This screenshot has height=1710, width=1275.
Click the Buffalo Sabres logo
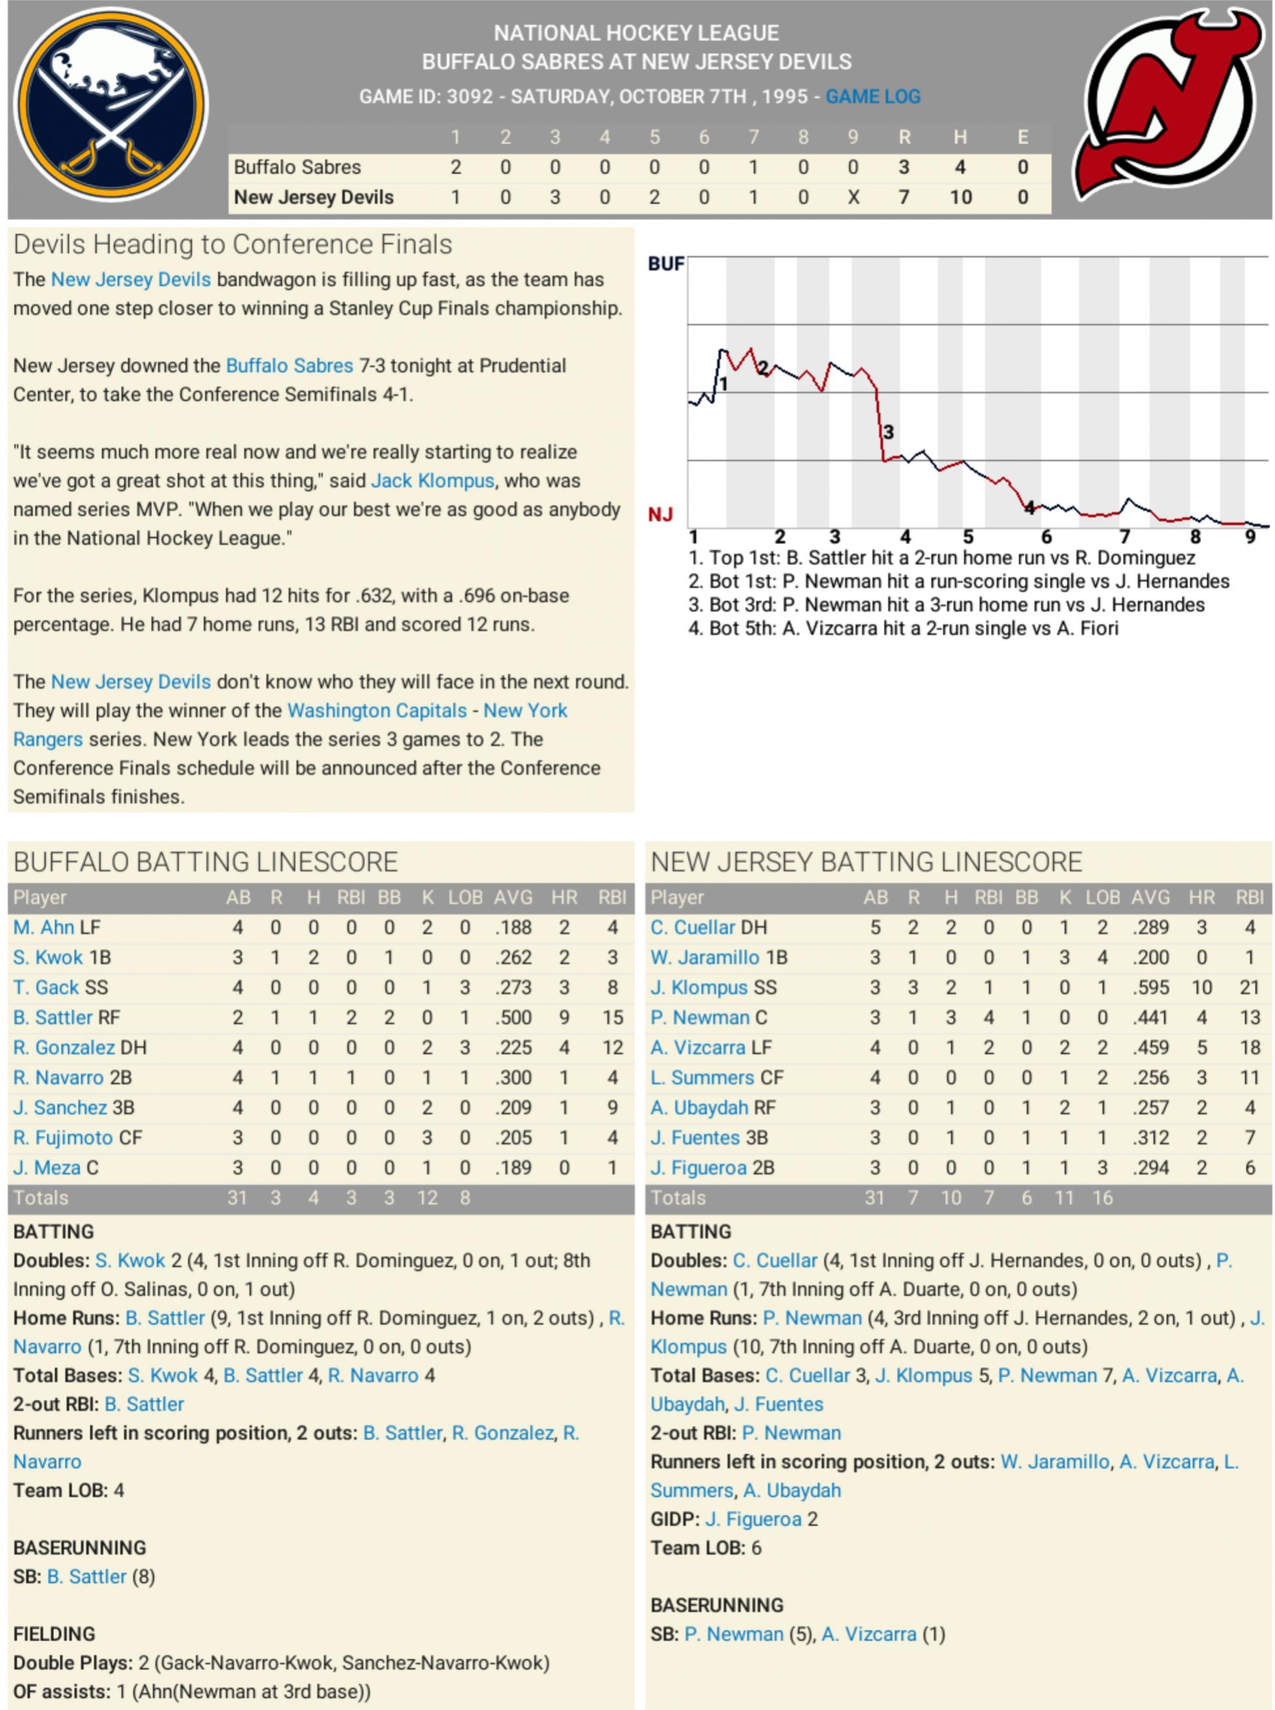pyautogui.click(x=111, y=103)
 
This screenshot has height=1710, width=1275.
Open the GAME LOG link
pyautogui.click(x=872, y=97)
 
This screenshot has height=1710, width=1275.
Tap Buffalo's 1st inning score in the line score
pyautogui.click(x=455, y=167)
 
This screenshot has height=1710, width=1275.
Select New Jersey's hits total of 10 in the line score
pyautogui.click(x=960, y=197)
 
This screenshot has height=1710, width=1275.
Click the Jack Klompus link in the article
pyautogui.click(x=432, y=480)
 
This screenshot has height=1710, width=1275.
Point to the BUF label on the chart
pyautogui.click(x=665, y=264)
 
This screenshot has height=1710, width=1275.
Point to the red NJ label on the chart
pyautogui.click(x=660, y=514)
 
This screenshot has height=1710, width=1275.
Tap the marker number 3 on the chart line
pyautogui.click(x=888, y=432)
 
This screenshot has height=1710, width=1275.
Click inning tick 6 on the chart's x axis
pyautogui.click(x=1046, y=537)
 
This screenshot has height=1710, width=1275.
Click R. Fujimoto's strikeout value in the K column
pyautogui.click(x=427, y=1138)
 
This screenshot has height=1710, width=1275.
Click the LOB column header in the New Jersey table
pyautogui.click(x=1102, y=896)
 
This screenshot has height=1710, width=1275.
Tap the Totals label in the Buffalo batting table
pyautogui.click(x=41, y=1198)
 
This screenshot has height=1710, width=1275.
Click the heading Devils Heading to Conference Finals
pyautogui.click(x=232, y=244)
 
